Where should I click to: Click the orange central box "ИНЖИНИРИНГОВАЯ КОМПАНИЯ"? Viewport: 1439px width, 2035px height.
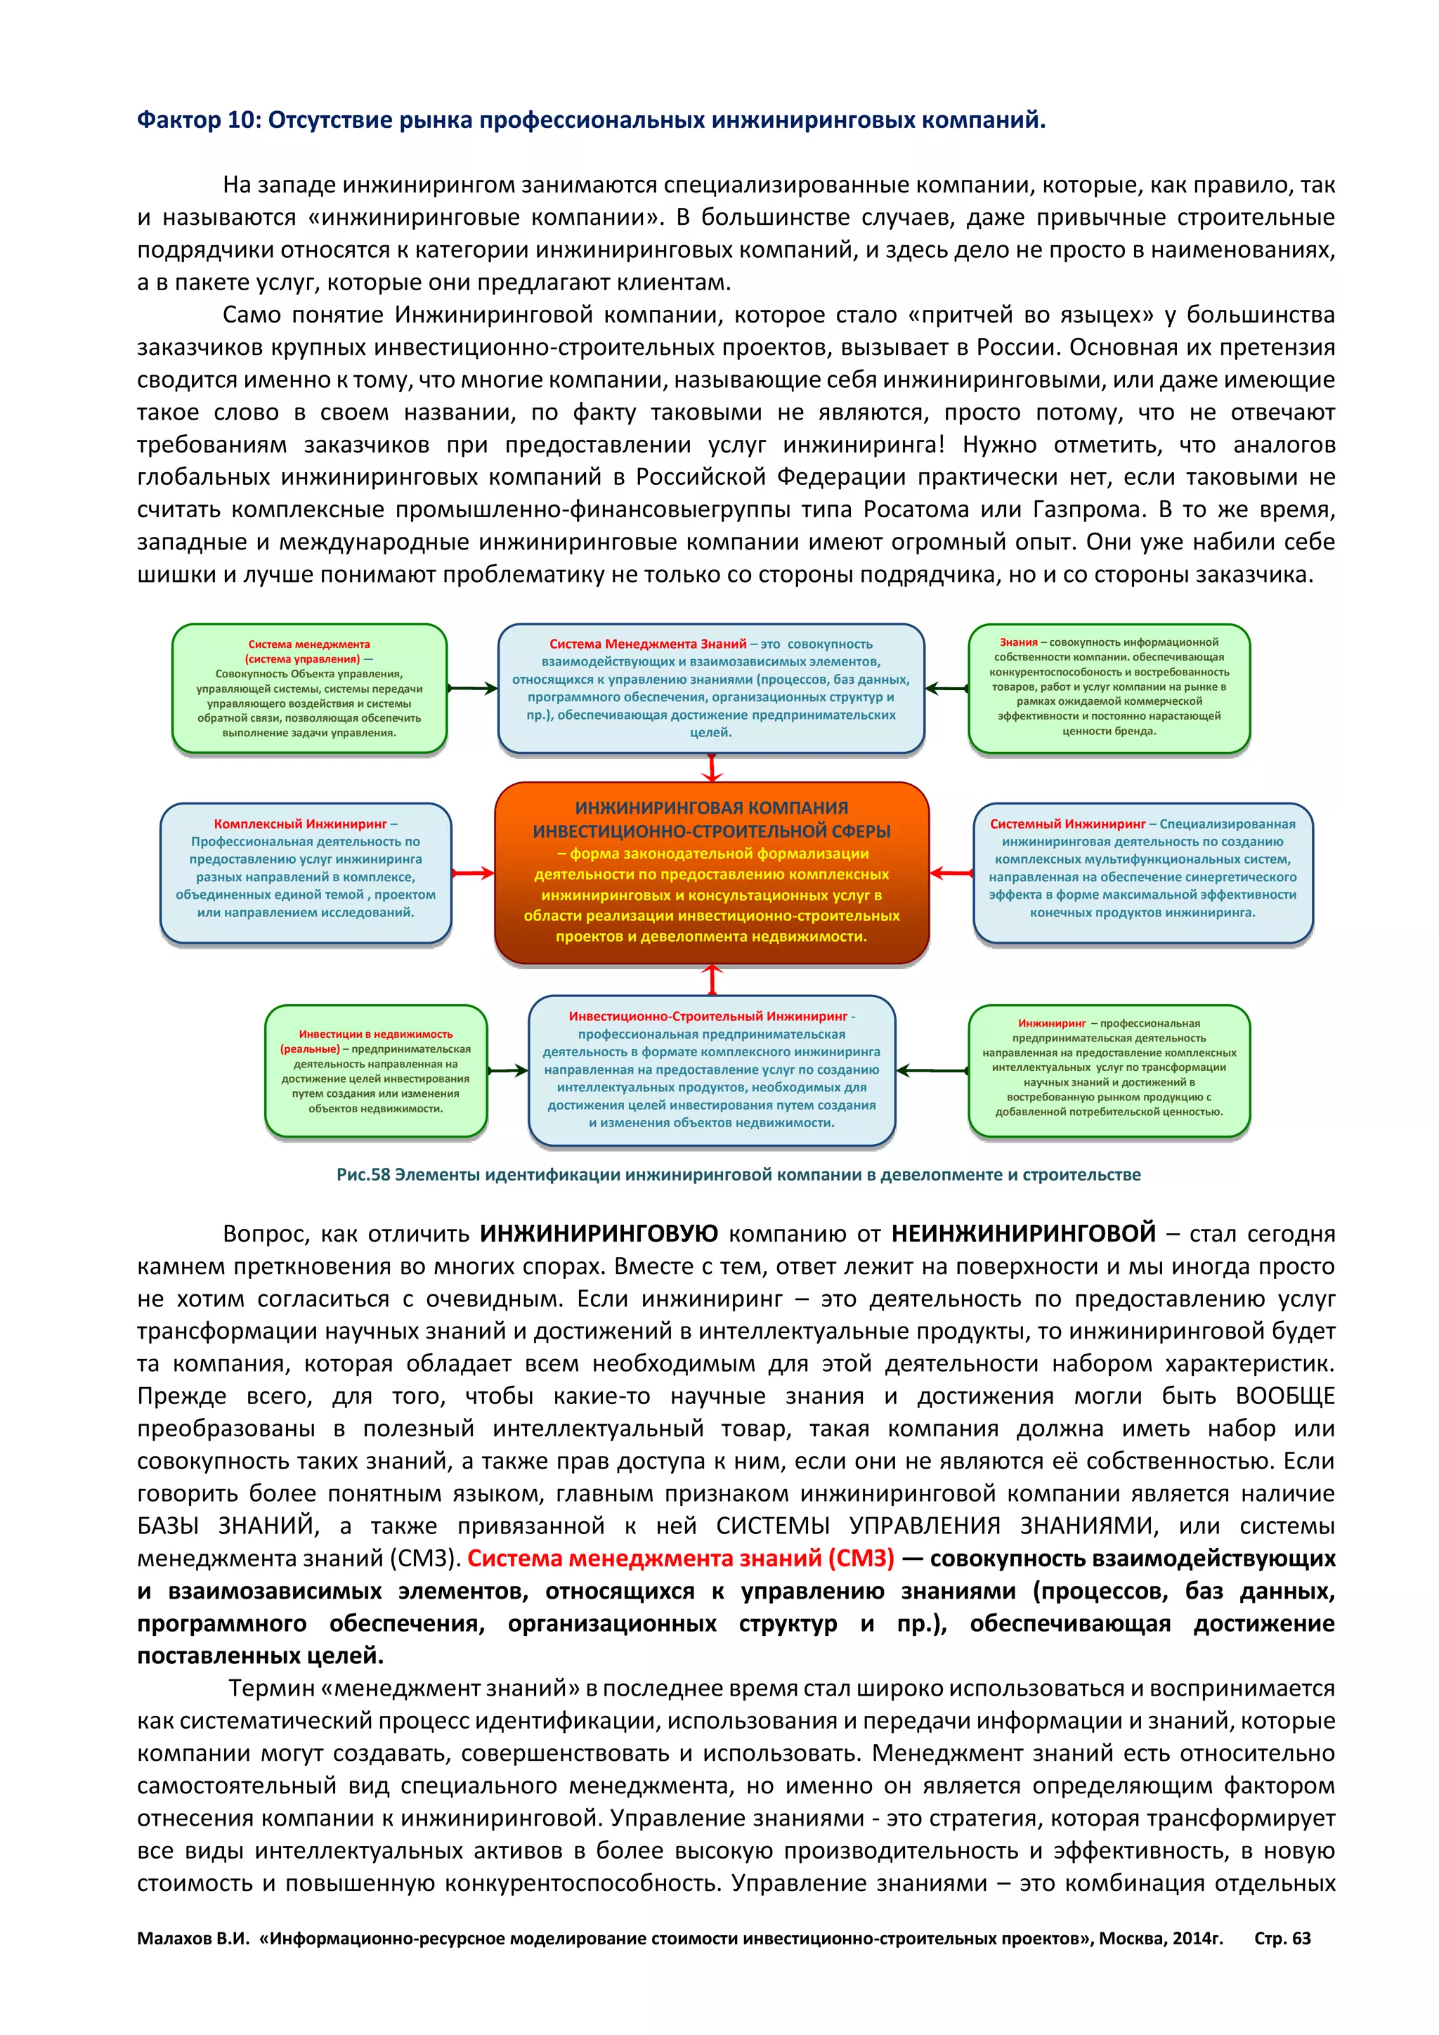tap(712, 872)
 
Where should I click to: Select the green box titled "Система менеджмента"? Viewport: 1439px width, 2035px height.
tap(309, 689)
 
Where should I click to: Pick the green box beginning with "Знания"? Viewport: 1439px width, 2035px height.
tap(1109, 688)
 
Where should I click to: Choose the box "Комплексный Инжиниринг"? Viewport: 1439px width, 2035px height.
tap(306, 872)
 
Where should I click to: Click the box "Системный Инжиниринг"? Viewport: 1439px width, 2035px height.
tap(1142, 872)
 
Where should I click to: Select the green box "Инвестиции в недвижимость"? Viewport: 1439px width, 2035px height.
tap(376, 1071)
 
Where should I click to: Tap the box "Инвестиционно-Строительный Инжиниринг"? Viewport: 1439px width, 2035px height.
tap(712, 1071)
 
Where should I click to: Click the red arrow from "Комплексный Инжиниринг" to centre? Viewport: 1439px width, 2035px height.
tap(473, 873)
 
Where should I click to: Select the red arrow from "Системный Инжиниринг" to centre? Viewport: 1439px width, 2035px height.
tap(951, 873)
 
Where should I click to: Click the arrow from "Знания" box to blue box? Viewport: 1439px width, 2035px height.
tap(946, 689)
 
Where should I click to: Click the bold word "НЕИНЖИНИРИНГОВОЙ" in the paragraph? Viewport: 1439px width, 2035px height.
tap(1024, 1233)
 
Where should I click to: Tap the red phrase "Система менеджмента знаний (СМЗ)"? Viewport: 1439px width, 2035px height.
tap(681, 1557)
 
